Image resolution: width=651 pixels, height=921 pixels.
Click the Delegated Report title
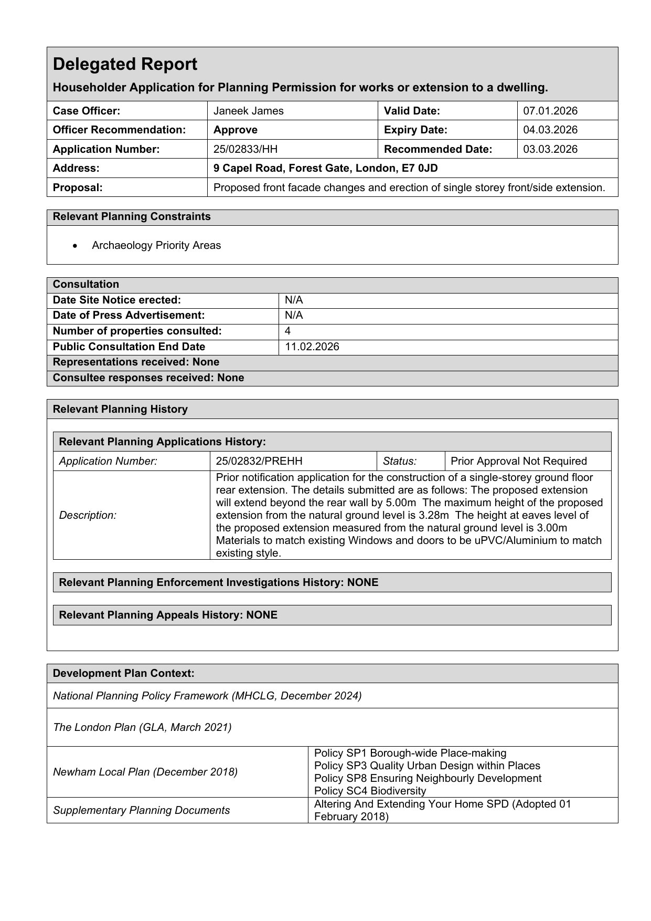tap(125, 64)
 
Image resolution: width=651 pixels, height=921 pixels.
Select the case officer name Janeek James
tap(248, 111)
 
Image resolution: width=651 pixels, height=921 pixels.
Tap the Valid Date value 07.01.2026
tap(550, 111)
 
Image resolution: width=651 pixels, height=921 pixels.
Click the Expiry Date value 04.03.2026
tap(550, 130)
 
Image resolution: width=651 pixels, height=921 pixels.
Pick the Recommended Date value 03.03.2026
tap(550, 149)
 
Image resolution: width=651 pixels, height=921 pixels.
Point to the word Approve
tap(236, 130)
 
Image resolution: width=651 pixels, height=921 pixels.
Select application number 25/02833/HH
tap(246, 149)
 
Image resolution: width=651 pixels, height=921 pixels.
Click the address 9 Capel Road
tap(325, 168)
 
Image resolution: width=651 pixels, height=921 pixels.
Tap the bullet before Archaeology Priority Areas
tap(77, 246)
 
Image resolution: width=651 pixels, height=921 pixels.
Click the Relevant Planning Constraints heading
tap(132, 217)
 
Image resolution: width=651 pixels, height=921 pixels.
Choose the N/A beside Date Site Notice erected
tap(294, 300)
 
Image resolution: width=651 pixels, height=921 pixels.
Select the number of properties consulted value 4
tap(288, 331)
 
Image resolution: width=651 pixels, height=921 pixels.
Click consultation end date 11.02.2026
tap(312, 347)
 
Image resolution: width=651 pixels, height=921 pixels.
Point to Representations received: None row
tap(136, 362)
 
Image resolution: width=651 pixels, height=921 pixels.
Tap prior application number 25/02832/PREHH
tap(259, 461)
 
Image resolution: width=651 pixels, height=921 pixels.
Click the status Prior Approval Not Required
tap(518, 461)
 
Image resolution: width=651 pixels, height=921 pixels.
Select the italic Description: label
tap(88, 515)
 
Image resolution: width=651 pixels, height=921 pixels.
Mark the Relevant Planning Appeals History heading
tap(168, 615)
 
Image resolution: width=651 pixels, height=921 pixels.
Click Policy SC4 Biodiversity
tap(370, 791)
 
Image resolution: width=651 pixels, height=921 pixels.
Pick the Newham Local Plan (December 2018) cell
tap(145, 772)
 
